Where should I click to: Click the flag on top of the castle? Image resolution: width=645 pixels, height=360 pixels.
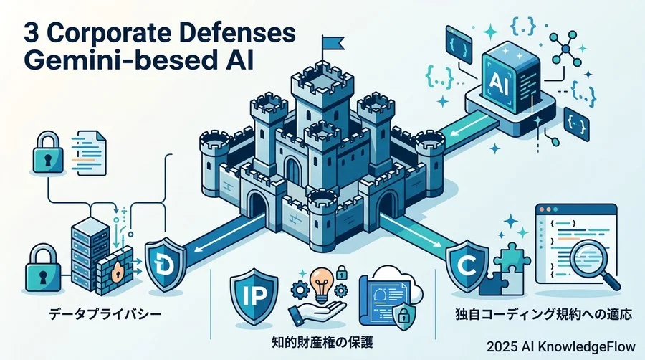tap(333, 42)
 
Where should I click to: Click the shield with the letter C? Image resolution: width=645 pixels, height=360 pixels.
tap(468, 266)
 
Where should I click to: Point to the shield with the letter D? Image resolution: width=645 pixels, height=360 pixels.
tap(166, 264)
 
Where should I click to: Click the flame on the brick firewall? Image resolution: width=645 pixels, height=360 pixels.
tap(118, 271)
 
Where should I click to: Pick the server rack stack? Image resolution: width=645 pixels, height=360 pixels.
tap(88, 255)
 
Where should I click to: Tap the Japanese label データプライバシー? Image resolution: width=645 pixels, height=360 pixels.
tap(106, 315)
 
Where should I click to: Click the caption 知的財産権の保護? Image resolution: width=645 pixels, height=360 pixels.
tap(322, 342)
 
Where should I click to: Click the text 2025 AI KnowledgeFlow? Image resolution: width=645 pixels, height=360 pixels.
tap(561, 346)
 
